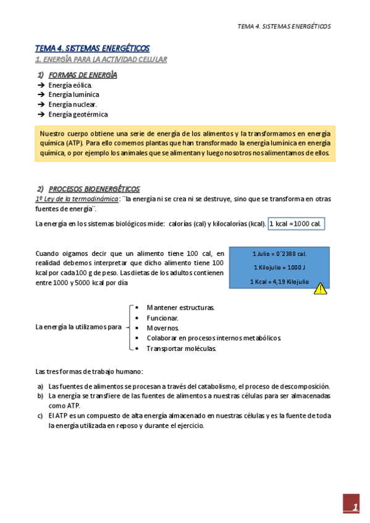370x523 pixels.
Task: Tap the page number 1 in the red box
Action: pyautogui.click(x=355, y=508)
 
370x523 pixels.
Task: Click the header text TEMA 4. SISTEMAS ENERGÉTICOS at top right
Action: pyautogui.click(x=284, y=27)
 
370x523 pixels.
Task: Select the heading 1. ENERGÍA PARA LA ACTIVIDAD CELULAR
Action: pyautogui.click(x=101, y=59)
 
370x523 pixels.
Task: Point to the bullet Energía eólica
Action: pyautogui.click(x=70, y=85)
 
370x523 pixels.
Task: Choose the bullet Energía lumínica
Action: pyautogui.click(x=74, y=95)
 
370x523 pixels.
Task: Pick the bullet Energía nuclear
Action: pyautogui.click(x=72, y=105)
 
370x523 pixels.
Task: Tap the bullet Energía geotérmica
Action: pyautogui.click(x=78, y=115)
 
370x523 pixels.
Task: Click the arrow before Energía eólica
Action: pyautogui.click(x=41, y=85)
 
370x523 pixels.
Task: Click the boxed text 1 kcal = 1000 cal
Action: pyautogui.click(x=296, y=223)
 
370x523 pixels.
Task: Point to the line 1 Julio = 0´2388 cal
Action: pyautogui.click(x=279, y=253)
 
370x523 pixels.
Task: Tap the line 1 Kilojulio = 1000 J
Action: pyautogui.click(x=279, y=267)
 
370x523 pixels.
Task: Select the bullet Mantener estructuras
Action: pyautogui.click(x=180, y=307)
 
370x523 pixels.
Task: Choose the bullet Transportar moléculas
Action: pyautogui.click(x=181, y=348)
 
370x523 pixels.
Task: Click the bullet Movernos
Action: pyautogui.click(x=162, y=328)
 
